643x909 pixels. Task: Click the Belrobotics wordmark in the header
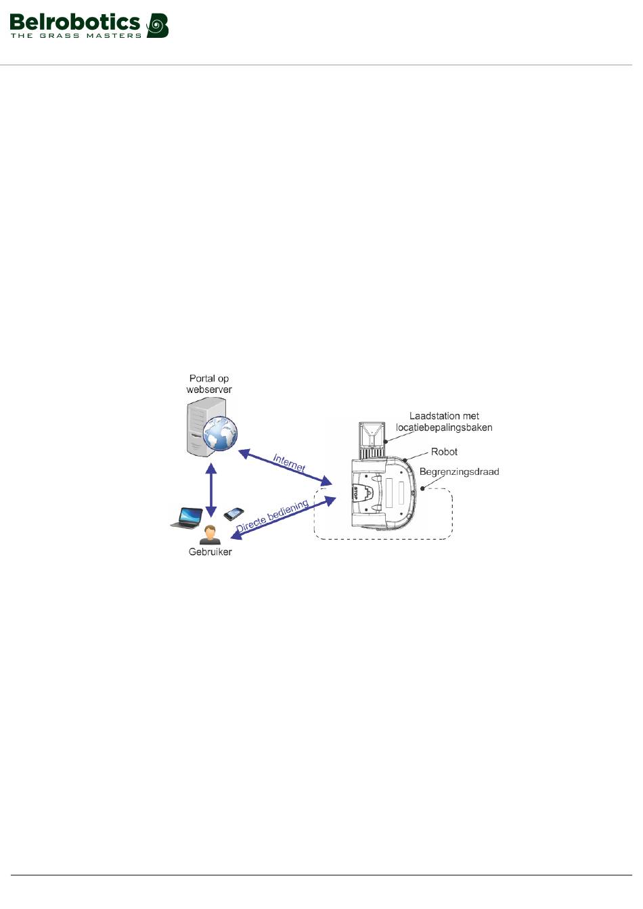(x=74, y=22)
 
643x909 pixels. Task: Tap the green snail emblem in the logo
(x=158, y=26)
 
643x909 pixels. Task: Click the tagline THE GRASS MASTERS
(x=76, y=36)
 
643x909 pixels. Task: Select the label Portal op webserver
(x=209, y=384)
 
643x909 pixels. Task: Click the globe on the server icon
(x=221, y=433)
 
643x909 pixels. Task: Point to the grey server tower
(x=201, y=426)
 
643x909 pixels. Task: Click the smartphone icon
(x=234, y=513)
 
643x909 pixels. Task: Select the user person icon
(x=210, y=535)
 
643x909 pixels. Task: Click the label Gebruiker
(x=210, y=552)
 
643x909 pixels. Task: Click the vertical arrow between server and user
(x=211, y=490)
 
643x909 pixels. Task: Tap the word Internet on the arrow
(x=289, y=463)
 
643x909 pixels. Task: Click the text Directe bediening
(x=272, y=515)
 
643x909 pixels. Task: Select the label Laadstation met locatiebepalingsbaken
(x=444, y=422)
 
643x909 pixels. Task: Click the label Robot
(x=444, y=452)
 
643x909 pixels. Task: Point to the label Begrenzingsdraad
(x=459, y=472)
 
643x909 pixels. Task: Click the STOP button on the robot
(x=357, y=492)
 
